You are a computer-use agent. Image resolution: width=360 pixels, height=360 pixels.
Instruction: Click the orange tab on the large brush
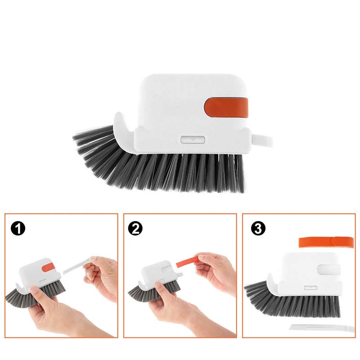(226, 108)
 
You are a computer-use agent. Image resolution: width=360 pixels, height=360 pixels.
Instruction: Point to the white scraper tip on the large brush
(263, 140)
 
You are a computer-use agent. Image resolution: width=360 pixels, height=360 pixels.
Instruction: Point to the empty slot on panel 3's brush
(328, 269)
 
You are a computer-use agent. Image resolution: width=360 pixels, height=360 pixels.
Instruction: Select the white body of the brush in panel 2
(153, 272)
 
